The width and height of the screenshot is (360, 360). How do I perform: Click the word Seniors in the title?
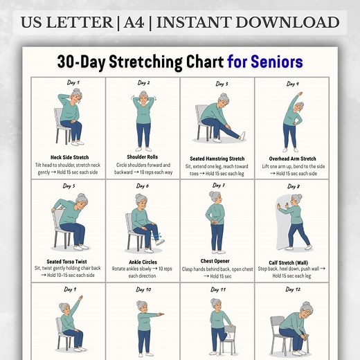pos(275,62)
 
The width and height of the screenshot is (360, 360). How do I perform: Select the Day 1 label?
pos(73,82)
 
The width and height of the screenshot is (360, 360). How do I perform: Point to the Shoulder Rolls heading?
pos(143,157)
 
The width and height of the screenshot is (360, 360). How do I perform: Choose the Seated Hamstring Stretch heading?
pos(217,159)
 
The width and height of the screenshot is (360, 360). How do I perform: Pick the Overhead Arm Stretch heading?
pos(293,158)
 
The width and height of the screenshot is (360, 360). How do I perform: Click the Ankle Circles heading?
pos(143,262)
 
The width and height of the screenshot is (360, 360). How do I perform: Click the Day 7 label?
pos(218,186)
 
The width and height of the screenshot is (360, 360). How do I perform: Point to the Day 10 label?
pos(143,289)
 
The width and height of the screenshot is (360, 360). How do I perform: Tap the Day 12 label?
pos(293,289)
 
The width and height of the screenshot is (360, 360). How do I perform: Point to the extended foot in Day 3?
pos(241,135)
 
